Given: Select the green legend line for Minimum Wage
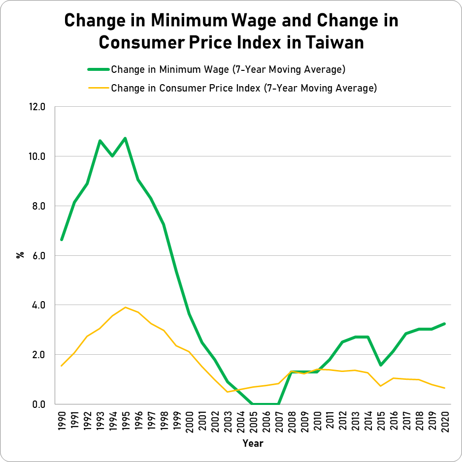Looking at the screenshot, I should [98, 69].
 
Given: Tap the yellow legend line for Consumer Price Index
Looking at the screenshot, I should [98, 89].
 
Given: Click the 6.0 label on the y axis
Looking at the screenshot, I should [39, 256].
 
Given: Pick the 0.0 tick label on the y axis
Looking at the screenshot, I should [39, 404].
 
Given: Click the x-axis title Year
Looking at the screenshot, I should [253, 444].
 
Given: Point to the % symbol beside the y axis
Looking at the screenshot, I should [21, 255].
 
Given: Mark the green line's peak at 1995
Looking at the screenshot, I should [126, 138].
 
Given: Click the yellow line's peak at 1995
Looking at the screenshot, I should [126, 308].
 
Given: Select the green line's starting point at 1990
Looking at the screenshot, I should [62, 240].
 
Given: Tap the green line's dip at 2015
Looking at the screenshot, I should [381, 365].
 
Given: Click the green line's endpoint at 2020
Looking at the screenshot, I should [445, 324].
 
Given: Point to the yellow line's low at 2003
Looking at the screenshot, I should [228, 392].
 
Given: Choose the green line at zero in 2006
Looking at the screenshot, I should [266, 404].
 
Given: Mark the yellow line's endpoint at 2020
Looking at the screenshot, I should [445, 388].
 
